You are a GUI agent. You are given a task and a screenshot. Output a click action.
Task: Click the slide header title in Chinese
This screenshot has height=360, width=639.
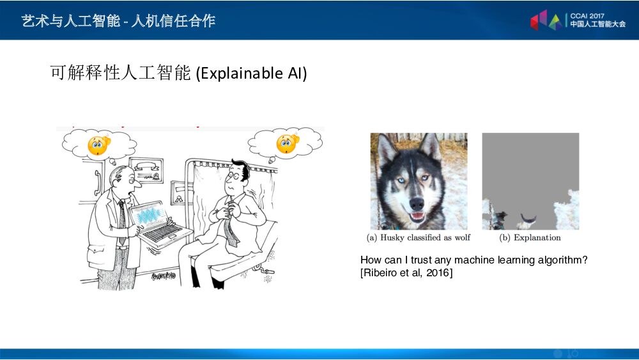pyautogui.click(x=118, y=21)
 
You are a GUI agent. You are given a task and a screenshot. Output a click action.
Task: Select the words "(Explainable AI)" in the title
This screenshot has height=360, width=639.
pyautogui.click(x=251, y=74)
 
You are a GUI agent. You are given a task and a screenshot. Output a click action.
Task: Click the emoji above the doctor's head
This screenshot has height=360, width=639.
pyautogui.click(x=99, y=145)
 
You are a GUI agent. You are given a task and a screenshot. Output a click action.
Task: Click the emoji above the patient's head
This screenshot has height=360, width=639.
pyautogui.click(x=287, y=143)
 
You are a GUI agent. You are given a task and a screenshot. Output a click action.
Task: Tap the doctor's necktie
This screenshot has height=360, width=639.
pyautogui.click(x=121, y=221)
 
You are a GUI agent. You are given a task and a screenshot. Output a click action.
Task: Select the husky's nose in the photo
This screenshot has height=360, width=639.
pyautogui.click(x=417, y=204)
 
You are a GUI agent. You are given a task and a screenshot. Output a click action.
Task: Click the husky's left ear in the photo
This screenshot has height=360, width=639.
pyautogui.click(x=387, y=148)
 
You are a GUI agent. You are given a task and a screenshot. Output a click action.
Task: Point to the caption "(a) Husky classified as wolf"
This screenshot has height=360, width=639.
pyautogui.click(x=419, y=238)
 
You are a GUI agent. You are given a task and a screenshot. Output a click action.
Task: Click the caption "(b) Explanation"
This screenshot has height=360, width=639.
pyautogui.click(x=530, y=238)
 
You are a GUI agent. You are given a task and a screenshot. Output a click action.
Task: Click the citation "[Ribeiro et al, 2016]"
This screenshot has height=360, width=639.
pyautogui.click(x=406, y=273)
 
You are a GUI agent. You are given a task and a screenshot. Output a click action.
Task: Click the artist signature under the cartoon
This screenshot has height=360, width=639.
pyautogui.click(x=164, y=276)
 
